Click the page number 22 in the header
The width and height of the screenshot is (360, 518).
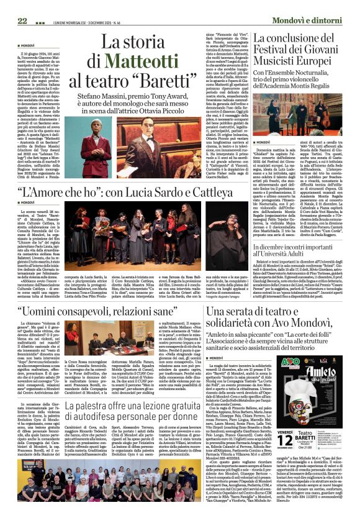(x=22, y=20)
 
